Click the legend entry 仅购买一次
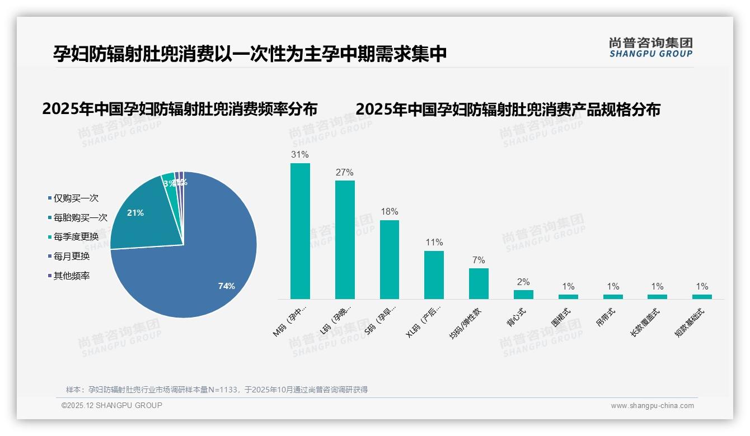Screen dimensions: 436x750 click(x=76, y=198)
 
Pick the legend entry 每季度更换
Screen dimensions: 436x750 click(x=76, y=236)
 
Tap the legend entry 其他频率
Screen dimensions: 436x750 click(x=72, y=276)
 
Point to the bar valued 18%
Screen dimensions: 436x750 click(x=390, y=259)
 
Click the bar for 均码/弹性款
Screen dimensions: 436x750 click(x=479, y=283)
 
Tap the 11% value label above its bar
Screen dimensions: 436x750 click(x=434, y=242)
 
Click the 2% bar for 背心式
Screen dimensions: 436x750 click(x=523, y=294)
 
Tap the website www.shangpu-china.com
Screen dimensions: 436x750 click(x=652, y=406)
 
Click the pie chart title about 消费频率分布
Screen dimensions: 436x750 click(x=180, y=108)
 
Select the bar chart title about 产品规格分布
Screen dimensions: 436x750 click(x=508, y=108)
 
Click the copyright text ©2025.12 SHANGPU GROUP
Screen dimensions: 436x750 click(x=112, y=405)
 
